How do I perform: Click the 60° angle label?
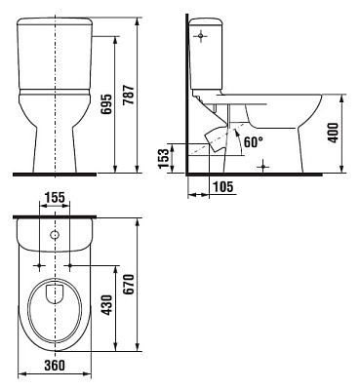coord(252,141)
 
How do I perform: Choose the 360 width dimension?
coord(56,367)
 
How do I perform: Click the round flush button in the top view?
coord(55,237)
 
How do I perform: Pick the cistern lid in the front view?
coord(56,22)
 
